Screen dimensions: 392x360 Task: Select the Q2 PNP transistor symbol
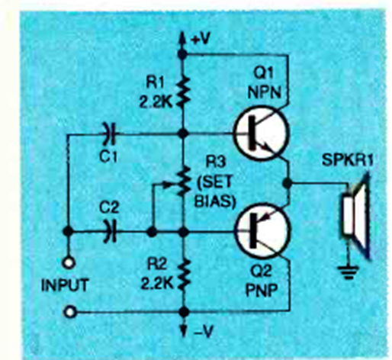262,231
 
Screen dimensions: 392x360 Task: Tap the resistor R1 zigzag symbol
182,92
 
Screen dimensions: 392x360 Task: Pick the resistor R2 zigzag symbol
184,275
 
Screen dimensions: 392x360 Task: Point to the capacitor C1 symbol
110,133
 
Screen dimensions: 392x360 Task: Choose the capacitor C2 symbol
110,231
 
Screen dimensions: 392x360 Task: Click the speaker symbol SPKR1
355,216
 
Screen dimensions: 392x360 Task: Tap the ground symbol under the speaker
349,272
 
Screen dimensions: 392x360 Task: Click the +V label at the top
201,39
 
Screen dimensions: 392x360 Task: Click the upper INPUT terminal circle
69,263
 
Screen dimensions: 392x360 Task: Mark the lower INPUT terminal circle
69,312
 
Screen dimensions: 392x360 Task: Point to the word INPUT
65,285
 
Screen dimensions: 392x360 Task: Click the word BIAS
215,201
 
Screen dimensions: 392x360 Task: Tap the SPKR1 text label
347,160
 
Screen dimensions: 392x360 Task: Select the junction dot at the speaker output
288,183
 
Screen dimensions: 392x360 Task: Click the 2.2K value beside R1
156,102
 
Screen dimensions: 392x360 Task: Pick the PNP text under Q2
261,290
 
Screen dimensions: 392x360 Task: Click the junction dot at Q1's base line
182,133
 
